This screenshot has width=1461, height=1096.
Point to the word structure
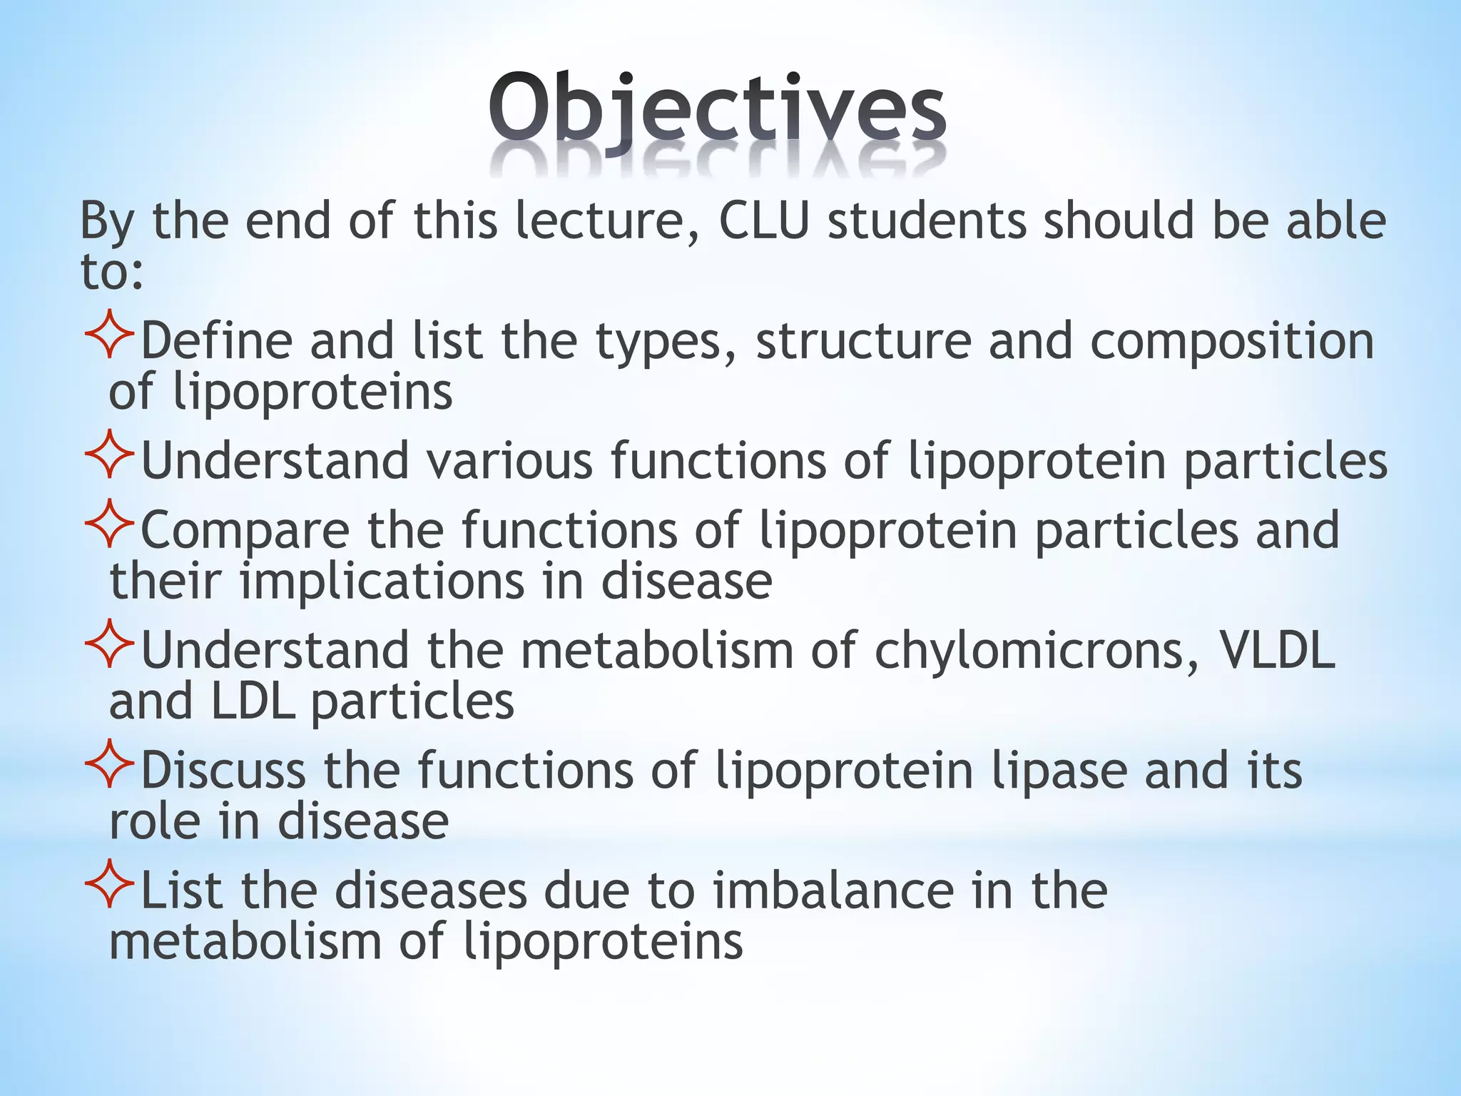coord(863,341)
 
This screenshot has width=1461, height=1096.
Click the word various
coord(510,460)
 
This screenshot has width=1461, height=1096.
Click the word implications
coord(382,582)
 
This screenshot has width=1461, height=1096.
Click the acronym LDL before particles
coord(253,701)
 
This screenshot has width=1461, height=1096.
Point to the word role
coord(155,821)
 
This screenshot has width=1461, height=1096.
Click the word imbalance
coord(833,890)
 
